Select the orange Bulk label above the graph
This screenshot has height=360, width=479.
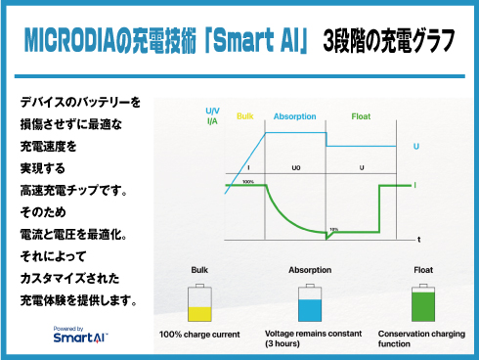(245, 116)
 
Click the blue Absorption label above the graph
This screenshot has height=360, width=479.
(294, 116)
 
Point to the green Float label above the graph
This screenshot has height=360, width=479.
(361, 116)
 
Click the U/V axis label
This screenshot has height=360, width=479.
(212, 111)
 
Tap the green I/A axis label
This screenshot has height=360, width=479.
(212, 121)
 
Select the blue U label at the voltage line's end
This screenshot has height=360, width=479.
(416, 146)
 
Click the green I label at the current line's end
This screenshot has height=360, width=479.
(415, 184)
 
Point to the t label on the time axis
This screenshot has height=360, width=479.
(418, 239)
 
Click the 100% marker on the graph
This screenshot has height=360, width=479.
(247, 182)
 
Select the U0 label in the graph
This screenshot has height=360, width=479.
(296, 168)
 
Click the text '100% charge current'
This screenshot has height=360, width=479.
(199, 335)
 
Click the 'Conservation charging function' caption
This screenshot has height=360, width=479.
(420, 339)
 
